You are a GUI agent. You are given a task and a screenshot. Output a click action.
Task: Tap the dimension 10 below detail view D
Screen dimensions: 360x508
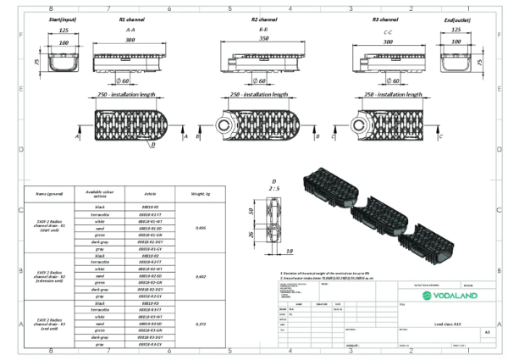click(289, 252)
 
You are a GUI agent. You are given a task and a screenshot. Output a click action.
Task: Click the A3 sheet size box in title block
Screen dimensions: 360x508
click(486, 333)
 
